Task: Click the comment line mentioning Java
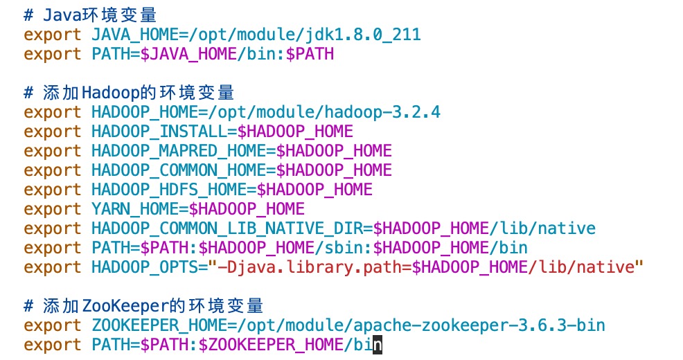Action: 101,15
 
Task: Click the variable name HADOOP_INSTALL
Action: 159,131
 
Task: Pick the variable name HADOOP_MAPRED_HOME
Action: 178,150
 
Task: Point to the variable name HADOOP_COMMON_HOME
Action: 178,170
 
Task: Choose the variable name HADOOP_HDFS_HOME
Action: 168,189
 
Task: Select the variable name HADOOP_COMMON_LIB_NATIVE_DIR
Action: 227,228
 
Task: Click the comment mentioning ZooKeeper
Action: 143,305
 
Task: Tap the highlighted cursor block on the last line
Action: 378,344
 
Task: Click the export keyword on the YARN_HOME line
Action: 53,208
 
